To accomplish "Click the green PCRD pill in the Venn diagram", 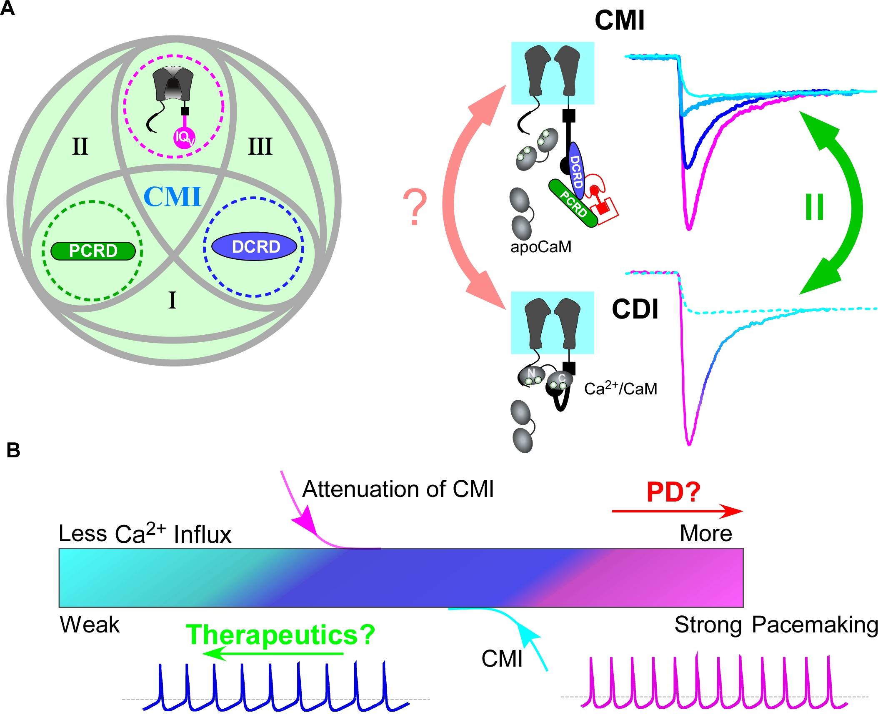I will click(93, 251).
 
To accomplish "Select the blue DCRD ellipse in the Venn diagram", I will click(255, 246).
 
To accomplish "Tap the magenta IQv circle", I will click(184, 137).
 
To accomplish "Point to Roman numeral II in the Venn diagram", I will click(80, 146).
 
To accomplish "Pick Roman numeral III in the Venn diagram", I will click(260, 146).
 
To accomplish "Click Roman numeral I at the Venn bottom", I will click(172, 300).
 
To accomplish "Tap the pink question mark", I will click(415, 207).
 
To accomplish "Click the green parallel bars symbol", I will click(814, 207).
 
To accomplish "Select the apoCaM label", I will click(541, 247).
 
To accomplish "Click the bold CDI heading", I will click(635, 309).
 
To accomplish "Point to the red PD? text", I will click(673, 492).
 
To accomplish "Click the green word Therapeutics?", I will click(280, 635).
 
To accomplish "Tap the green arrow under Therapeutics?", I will click(273, 653).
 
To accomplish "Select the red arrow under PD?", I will click(677, 511).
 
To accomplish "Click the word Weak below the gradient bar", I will click(90, 625).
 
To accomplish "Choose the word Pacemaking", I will click(815, 625).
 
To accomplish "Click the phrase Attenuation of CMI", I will click(398, 489).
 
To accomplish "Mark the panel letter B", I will click(13, 451).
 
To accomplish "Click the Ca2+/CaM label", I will click(620, 388).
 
